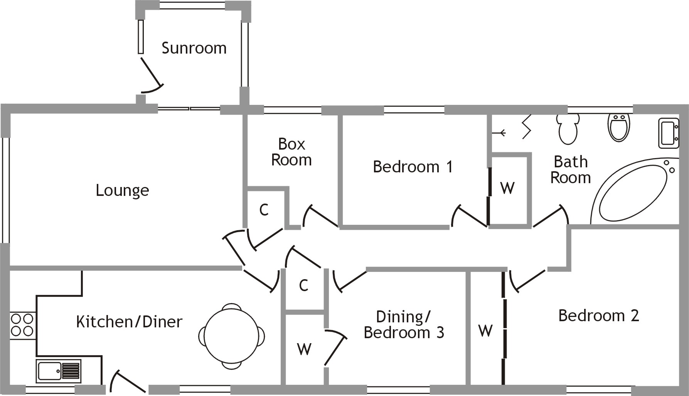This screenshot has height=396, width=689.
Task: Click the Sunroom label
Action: click(194, 48)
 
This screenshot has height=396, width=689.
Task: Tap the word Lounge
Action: click(122, 190)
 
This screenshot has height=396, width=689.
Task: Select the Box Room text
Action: click(291, 152)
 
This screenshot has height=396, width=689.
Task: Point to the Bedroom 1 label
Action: click(413, 167)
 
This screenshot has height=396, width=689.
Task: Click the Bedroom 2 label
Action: click(598, 315)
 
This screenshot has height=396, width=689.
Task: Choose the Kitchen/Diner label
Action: click(129, 322)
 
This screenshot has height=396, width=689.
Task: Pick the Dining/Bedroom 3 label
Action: click(404, 324)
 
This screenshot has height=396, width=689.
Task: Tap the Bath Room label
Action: click(571, 170)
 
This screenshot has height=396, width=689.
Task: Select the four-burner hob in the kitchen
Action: click(22, 325)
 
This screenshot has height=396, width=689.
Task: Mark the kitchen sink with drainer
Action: click(59, 371)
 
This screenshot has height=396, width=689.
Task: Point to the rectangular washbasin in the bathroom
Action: click(668, 133)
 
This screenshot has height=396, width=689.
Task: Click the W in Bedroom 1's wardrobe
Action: click(507, 188)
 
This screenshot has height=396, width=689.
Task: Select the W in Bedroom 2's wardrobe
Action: click(485, 330)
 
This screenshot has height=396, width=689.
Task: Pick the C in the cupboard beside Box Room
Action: click(264, 210)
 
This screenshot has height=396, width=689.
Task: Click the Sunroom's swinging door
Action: click(151, 77)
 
